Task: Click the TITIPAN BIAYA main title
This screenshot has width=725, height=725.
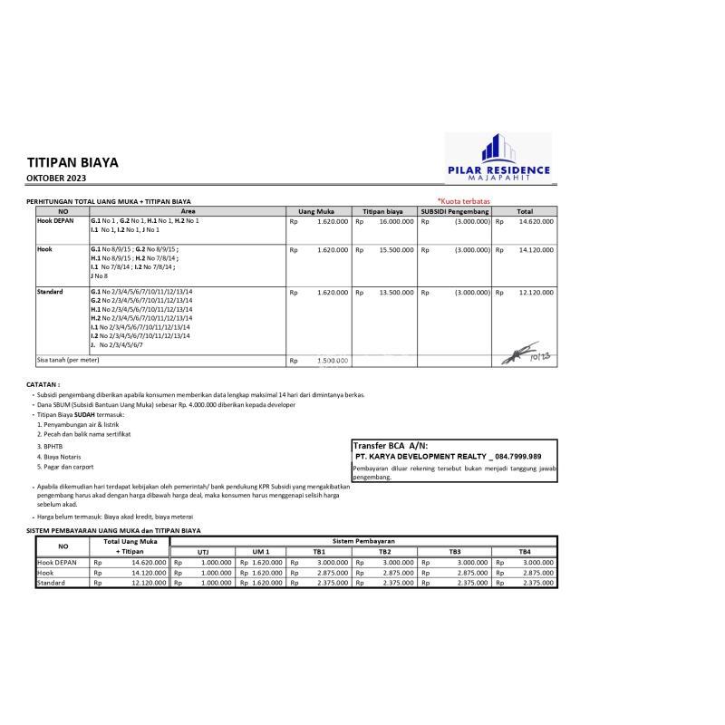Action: tap(72, 163)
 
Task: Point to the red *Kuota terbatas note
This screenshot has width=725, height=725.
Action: tap(464, 200)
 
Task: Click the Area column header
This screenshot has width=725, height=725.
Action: tap(188, 210)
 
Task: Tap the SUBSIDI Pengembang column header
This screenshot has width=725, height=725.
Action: tap(454, 210)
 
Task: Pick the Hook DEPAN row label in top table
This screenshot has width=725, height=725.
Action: tap(55, 220)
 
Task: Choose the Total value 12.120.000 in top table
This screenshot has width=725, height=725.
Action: tap(536, 293)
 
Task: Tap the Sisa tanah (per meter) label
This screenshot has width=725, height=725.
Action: tap(68, 360)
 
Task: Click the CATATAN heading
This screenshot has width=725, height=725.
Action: tap(43, 384)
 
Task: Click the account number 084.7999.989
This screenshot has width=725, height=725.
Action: tap(517, 457)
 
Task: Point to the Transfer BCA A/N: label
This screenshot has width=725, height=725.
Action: tap(390, 446)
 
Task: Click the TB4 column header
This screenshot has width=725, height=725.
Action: tap(525, 551)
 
